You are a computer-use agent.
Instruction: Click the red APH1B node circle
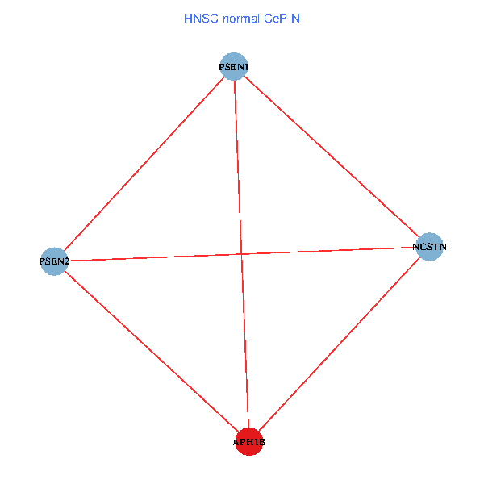coord(248,441)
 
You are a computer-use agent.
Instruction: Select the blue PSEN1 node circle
coord(233,65)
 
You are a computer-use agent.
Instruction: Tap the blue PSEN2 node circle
coord(53,261)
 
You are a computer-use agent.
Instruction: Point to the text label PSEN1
coord(234,65)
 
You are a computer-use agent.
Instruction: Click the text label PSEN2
coord(54,261)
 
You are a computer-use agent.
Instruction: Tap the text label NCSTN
coord(429,247)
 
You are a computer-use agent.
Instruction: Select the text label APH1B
coord(248,443)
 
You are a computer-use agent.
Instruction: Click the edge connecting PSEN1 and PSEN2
coord(144,163)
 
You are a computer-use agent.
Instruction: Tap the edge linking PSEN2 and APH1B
coord(151,351)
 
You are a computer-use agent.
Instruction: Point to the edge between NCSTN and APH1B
coord(339,344)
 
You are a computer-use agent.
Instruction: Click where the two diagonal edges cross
coord(241,253)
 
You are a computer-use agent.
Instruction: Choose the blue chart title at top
coord(242,17)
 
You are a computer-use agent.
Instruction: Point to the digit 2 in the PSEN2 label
coord(67,261)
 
